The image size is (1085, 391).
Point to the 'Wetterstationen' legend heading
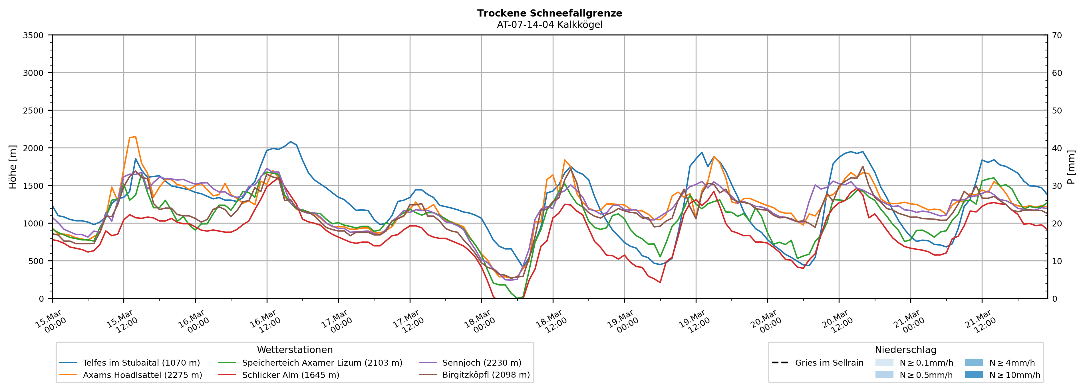pos(295,350)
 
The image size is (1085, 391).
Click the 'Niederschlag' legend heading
pos(905,350)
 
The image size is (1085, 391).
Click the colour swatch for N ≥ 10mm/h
pos(974,374)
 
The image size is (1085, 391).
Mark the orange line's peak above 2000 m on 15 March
pos(135,136)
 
